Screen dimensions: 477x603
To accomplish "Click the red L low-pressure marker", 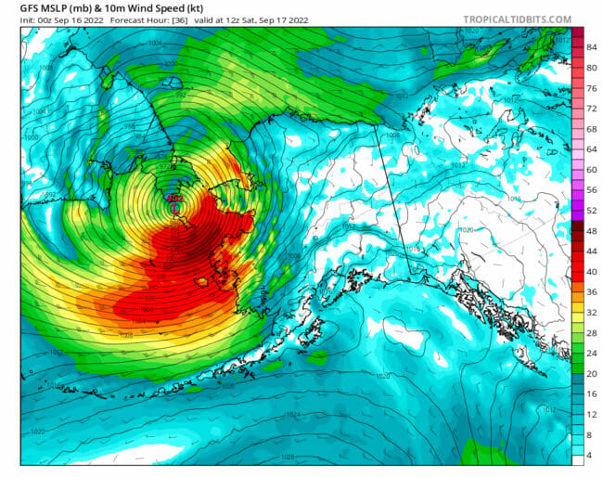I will pyautogui.click(x=174, y=210).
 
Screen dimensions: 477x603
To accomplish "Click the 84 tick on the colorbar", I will pyautogui.click(x=591, y=47).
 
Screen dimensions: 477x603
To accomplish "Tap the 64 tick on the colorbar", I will pyautogui.click(x=591, y=149).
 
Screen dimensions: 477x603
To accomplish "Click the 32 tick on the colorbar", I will pyautogui.click(x=591, y=312).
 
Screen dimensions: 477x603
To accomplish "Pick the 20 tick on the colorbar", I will pyautogui.click(x=591, y=373).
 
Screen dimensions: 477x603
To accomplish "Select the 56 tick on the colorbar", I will pyautogui.click(x=591, y=189).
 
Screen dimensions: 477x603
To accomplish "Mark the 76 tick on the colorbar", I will pyautogui.click(x=591, y=88).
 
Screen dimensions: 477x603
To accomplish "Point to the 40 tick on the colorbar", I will pyautogui.click(x=591, y=271).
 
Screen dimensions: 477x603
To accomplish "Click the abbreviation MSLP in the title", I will pyautogui.click(x=46, y=6).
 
